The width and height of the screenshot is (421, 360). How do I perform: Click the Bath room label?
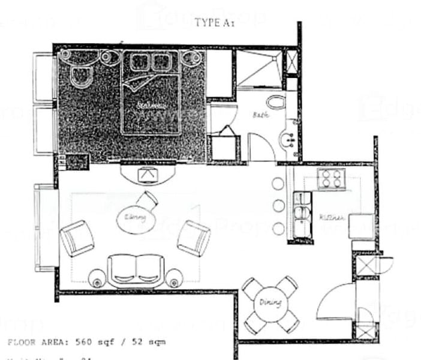260,114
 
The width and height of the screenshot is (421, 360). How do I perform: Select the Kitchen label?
331,218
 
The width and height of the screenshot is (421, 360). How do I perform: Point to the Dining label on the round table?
270,304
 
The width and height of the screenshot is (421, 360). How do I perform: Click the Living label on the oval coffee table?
136,217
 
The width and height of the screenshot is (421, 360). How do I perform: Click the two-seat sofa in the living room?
136,270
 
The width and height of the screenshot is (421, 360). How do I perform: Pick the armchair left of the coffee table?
77,238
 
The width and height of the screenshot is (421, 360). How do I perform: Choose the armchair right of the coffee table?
194,238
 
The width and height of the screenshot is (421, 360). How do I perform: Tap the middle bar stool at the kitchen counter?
278,206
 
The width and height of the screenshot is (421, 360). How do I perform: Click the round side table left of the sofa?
97,278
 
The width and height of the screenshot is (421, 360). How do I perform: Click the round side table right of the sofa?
174,278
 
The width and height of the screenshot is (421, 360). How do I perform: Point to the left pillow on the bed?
142,62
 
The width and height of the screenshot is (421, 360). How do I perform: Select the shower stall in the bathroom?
258,70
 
